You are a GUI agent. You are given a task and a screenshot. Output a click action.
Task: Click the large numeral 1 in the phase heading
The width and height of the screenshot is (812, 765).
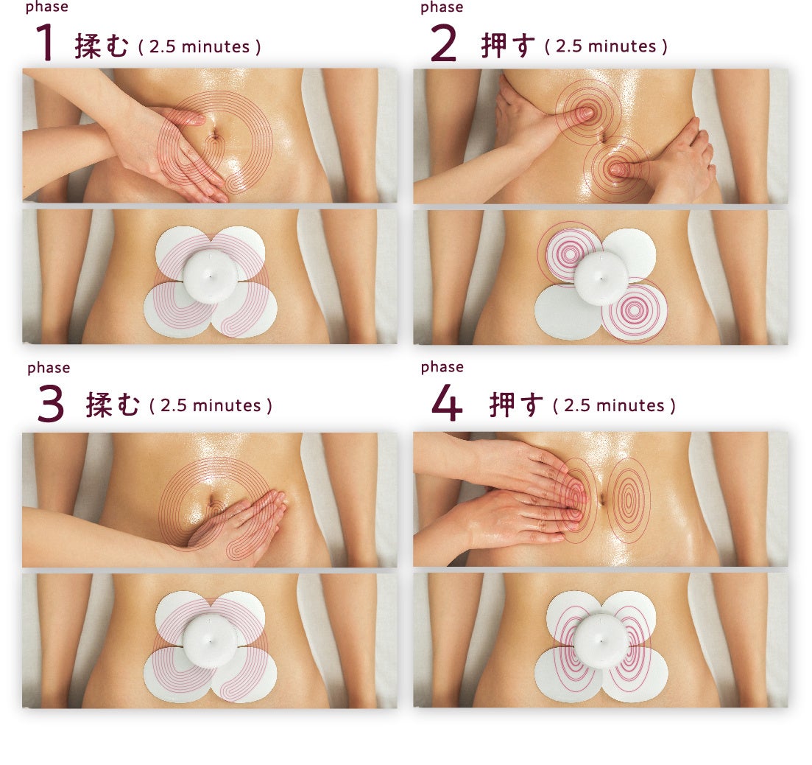46,43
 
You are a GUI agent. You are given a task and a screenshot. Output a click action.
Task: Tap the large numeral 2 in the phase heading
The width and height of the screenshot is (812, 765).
443,43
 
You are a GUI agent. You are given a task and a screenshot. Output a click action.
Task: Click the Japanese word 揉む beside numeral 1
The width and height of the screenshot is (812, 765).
102,46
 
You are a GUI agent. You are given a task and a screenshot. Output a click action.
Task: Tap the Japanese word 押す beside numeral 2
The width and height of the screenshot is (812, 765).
507,45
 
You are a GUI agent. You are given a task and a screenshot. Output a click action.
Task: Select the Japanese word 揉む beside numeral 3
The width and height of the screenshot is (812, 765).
113,405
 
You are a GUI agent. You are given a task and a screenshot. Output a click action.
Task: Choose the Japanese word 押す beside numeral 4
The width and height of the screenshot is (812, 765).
516,405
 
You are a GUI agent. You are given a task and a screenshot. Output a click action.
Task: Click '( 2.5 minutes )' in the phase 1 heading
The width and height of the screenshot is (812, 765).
200,46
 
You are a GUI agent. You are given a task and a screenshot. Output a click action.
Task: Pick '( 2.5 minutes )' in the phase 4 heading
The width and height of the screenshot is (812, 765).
614,405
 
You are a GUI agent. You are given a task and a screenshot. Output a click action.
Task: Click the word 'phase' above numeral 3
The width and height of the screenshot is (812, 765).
48,368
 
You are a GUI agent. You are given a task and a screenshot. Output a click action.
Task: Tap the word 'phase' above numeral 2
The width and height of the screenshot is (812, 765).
442,7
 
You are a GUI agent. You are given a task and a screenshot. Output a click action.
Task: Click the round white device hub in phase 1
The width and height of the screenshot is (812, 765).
211,276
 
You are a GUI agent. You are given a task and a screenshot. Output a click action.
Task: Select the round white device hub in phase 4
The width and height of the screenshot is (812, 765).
601,640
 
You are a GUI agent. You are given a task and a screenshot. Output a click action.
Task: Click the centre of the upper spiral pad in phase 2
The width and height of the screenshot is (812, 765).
570,254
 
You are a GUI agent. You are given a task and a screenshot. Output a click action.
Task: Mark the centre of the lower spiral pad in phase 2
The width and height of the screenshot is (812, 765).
633,310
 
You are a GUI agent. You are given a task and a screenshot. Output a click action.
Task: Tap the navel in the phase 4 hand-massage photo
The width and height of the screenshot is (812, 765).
602,499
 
